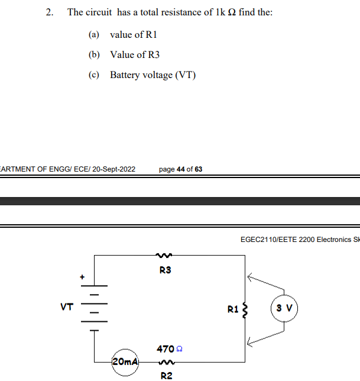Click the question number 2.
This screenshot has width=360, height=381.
[50, 12]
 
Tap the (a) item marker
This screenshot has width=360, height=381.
[94, 35]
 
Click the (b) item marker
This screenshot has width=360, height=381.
[94, 55]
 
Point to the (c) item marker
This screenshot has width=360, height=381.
[94, 75]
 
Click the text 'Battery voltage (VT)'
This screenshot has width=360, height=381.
[153, 75]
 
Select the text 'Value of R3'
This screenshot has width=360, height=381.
[135, 55]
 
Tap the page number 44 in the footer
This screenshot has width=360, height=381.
[181, 169]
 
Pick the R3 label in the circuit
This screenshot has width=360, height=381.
[165, 270]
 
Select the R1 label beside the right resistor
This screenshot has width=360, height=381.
[233, 308]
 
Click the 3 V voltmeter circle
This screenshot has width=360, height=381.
[284, 308]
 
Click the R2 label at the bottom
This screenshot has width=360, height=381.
[166, 375]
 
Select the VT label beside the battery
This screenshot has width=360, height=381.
[67, 307]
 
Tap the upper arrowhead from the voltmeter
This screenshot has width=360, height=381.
[251, 276]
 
